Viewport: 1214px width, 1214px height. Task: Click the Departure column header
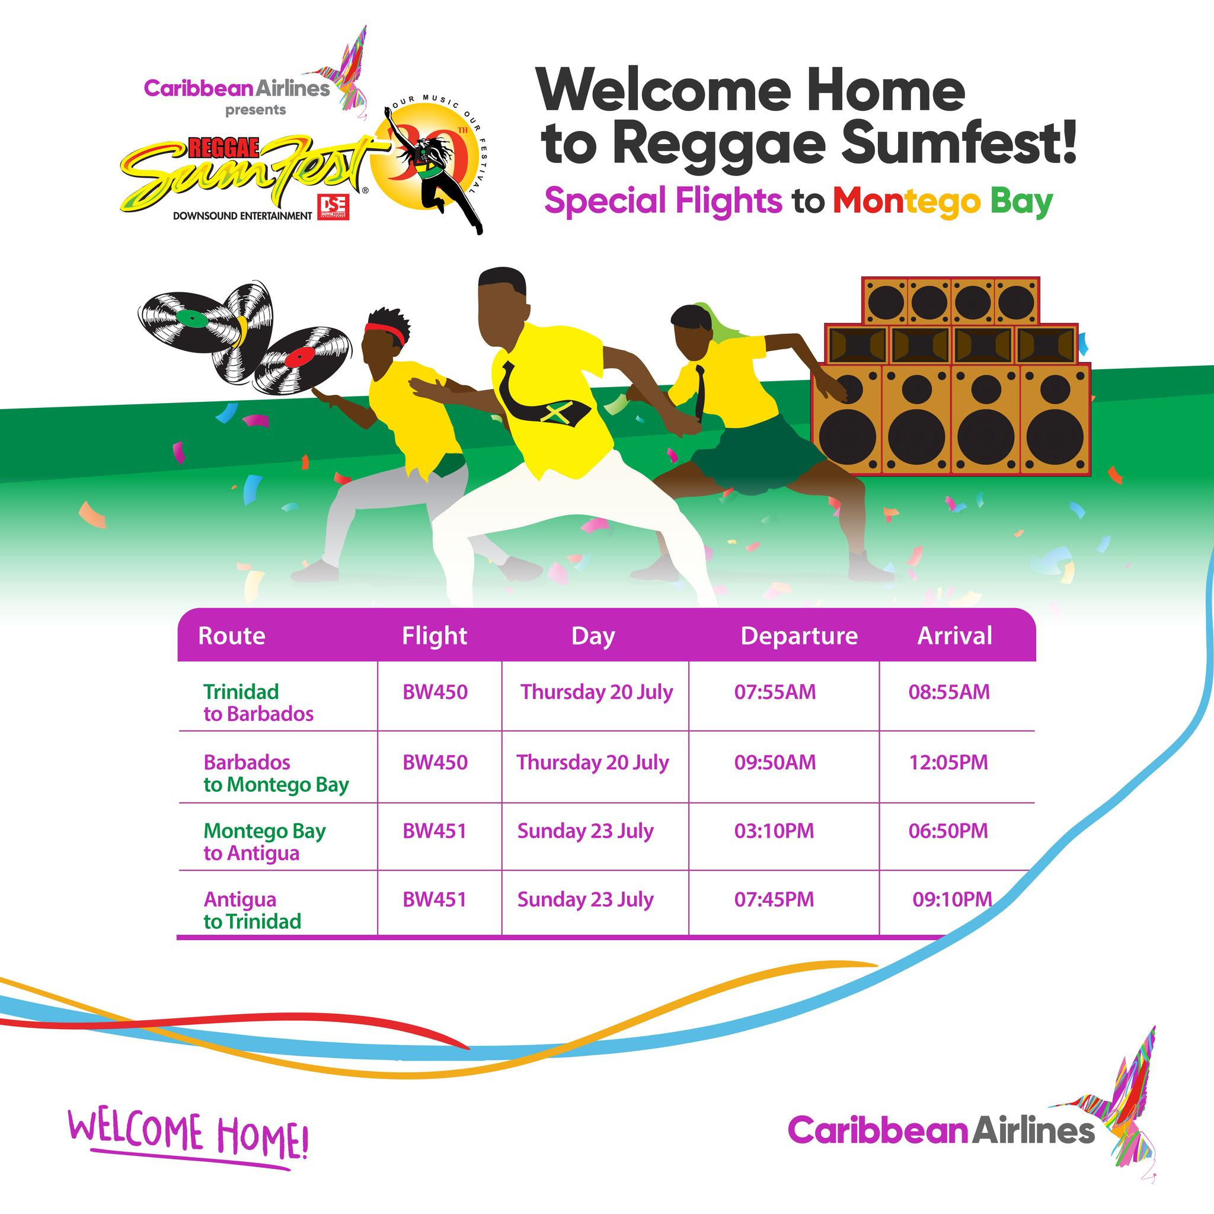(x=798, y=636)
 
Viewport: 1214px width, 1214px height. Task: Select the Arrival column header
(x=954, y=636)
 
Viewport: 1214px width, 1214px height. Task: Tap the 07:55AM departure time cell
(x=775, y=692)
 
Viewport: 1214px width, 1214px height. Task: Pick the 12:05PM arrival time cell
(x=948, y=762)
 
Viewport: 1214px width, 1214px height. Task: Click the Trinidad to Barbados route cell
(x=258, y=702)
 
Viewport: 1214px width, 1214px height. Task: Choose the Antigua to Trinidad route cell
(x=252, y=910)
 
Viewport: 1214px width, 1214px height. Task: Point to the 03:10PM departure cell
(x=774, y=830)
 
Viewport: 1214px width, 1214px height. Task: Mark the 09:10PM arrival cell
(x=952, y=899)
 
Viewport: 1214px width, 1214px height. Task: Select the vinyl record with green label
(x=195, y=317)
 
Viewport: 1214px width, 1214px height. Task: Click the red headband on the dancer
(x=385, y=333)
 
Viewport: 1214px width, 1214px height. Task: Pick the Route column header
(x=231, y=636)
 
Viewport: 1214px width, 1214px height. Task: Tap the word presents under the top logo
(x=255, y=110)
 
